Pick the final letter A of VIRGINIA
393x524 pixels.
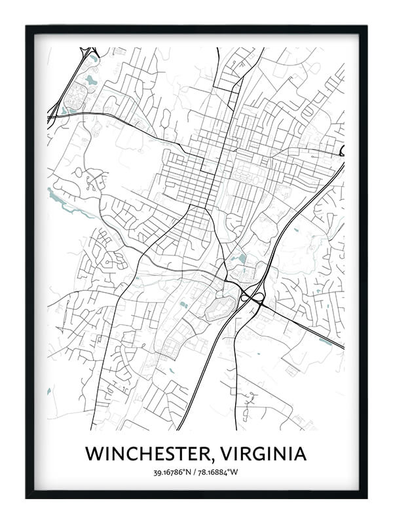(x=300, y=453)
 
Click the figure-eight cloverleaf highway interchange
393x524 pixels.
(x=253, y=298)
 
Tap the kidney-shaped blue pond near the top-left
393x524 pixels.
(x=90, y=81)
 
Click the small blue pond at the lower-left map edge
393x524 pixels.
(x=49, y=391)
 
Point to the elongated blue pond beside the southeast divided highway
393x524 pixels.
(x=326, y=341)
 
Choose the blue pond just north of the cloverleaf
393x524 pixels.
(x=242, y=258)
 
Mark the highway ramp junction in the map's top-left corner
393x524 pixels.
(x=88, y=52)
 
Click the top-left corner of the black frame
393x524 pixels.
(x=28, y=27)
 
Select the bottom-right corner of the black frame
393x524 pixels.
(x=365, y=497)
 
